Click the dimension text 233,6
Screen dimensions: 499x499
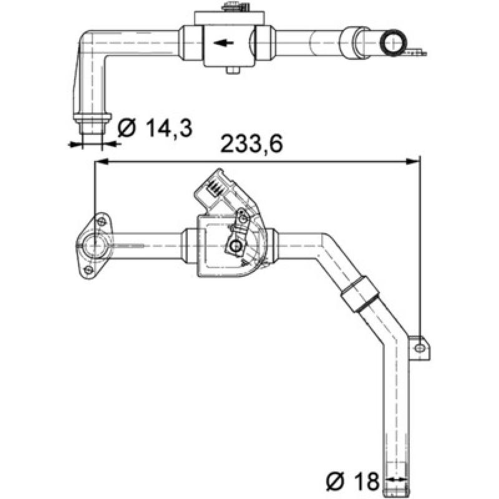[x=252, y=144]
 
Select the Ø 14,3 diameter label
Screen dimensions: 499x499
[x=154, y=128]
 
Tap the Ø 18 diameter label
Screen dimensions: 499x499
[x=352, y=480]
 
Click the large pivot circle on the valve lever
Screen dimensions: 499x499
[x=235, y=248]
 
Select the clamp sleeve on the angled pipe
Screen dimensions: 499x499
[x=359, y=294]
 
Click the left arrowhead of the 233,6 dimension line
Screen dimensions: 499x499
[x=100, y=162]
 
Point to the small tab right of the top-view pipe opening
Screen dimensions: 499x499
[x=417, y=51]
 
